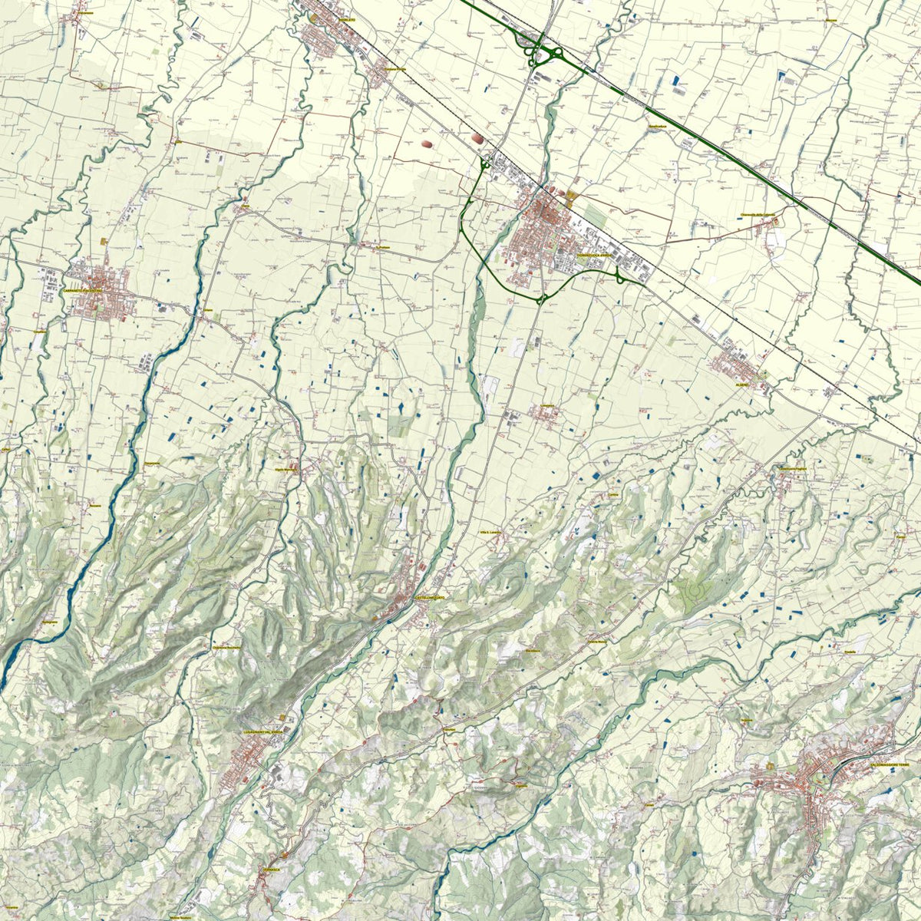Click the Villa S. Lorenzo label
pyautogui.click(x=490, y=532)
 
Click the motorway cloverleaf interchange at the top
pyautogui.click(x=542, y=50)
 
